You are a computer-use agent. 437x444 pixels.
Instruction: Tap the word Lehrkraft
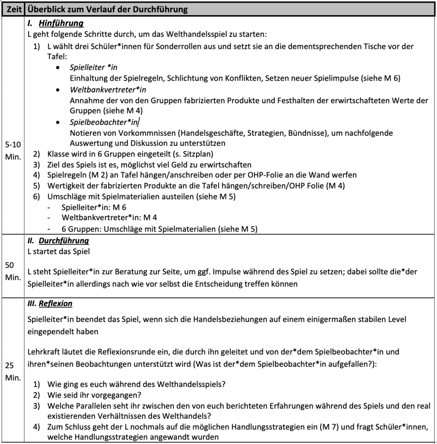coord(43,352)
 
